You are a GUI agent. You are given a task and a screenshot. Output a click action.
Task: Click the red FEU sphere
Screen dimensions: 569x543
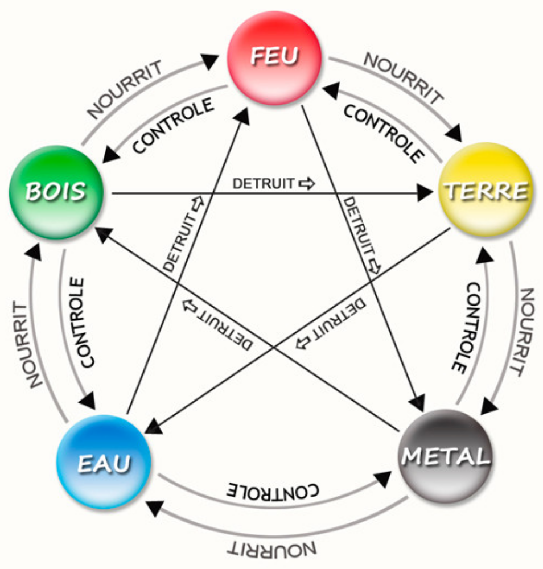click(274, 57)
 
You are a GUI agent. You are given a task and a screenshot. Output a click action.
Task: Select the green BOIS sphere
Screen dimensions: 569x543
click(56, 192)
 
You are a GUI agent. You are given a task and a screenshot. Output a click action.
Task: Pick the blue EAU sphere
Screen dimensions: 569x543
click(104, 461)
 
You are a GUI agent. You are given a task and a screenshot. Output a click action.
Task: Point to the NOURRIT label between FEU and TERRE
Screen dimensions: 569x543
click(404, 77)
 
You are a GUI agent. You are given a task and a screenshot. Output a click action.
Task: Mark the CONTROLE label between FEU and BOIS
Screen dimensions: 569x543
click(174, 126)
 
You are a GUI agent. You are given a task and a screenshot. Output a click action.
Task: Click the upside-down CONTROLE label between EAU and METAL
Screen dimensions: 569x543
click(273, 490)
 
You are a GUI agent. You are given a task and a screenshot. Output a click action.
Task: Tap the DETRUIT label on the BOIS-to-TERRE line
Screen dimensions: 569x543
click(273, 184)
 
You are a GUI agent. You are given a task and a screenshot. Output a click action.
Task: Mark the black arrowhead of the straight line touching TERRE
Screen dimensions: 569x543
click(425, 193)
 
